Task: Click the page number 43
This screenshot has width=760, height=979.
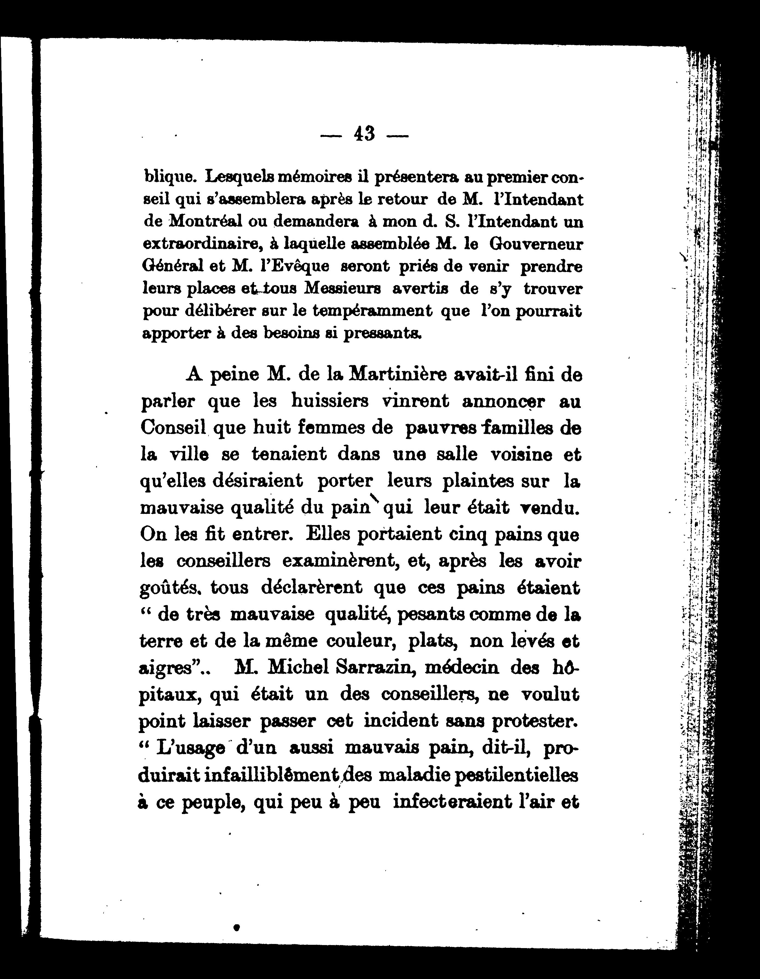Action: tap(364, 134)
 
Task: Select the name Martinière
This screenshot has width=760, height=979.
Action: tap(397, 375)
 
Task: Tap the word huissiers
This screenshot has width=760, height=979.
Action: tap(330, 401)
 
